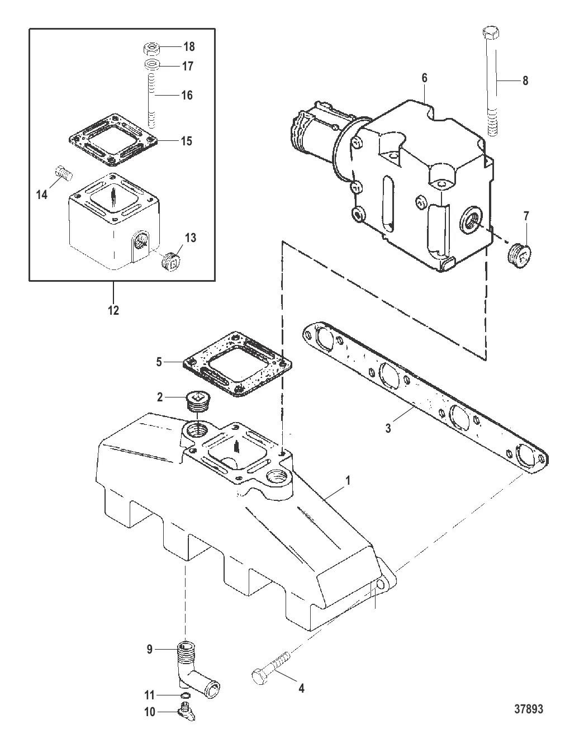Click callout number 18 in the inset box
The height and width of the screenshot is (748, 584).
[x=189, y=46]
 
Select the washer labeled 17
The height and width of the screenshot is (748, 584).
[x=151, y=64]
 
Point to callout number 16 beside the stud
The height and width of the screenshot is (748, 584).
[x=187, y=96]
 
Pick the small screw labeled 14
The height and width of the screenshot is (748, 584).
[x=64, y=172]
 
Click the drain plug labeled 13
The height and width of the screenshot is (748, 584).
[x=170, y=262]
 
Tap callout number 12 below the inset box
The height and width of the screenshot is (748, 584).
[x=113, y=310]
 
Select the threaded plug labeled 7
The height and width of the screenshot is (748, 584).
[x=519, y=255]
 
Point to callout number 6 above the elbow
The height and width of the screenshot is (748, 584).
[x=424, y=78]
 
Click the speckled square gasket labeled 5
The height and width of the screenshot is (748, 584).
[x=238, y=363]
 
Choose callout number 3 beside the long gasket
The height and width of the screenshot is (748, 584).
[x=388, y=428]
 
